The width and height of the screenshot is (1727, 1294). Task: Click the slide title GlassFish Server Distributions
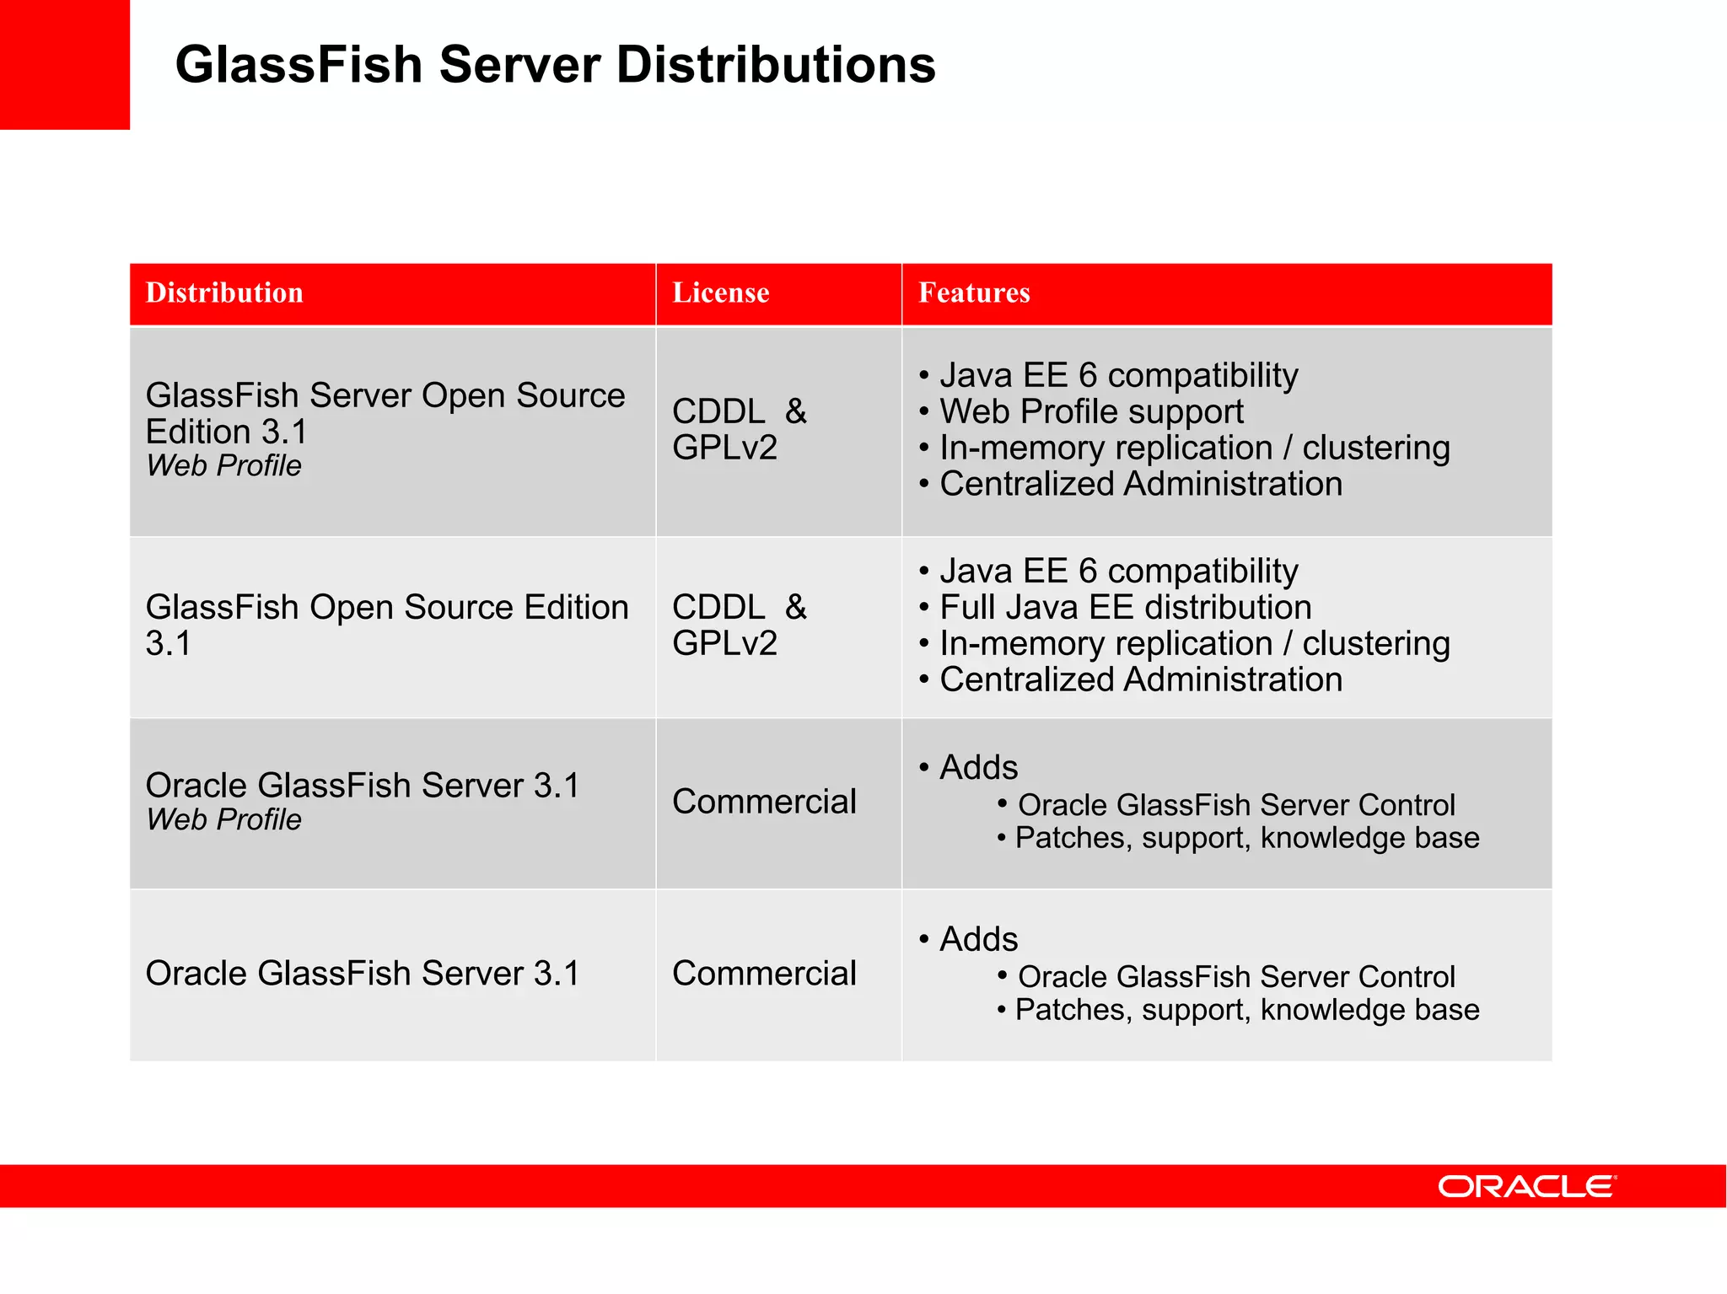coord(555,65)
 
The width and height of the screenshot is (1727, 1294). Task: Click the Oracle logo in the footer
coord(1526,1186)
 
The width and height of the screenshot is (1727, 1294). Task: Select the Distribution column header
coord(224,293)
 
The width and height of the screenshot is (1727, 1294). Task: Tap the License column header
coord(720,293)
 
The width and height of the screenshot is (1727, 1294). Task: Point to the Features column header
coord(974,293)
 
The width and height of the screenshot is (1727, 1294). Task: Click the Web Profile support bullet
coord(1091,411)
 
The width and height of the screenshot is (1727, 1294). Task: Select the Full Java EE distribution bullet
coord(1125,607)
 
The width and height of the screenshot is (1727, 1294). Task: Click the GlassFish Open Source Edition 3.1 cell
coord(386,625)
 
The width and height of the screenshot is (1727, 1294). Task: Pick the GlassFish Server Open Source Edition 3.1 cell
coord(385,413)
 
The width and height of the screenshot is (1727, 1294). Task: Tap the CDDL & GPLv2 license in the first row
coord(739,429)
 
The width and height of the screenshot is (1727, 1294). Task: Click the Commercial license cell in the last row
coord(764,973)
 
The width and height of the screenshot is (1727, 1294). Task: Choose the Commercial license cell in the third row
coord(764,801)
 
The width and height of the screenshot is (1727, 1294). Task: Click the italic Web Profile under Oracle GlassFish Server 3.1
coord(223,819)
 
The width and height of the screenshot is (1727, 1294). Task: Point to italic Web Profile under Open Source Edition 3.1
coord(223,465)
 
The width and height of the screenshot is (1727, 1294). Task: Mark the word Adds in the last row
coord(978,939)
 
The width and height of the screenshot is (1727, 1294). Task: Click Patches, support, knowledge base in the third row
coord(1246,838)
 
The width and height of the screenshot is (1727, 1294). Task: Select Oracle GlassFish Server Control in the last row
coord(1236,976)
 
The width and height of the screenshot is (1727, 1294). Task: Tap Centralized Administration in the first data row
coord(1140,484)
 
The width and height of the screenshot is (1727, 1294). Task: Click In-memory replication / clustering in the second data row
coord(1194,643)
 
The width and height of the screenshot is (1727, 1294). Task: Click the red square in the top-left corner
coord(64,64)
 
